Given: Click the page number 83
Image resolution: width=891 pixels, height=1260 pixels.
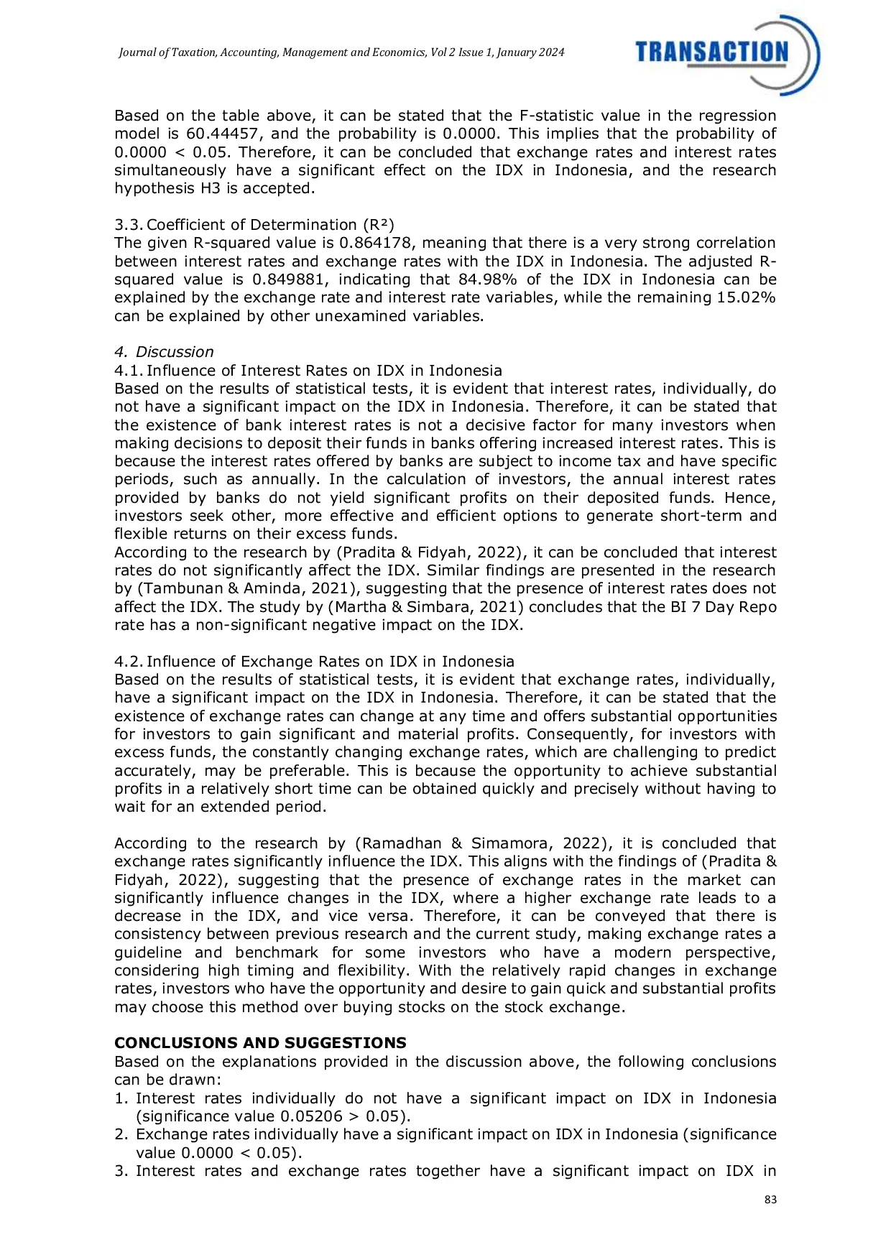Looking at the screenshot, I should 770,1200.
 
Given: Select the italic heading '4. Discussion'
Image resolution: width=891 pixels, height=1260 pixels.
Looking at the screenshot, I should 164,352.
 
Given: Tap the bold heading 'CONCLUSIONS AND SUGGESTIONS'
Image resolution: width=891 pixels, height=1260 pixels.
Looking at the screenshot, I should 260,1042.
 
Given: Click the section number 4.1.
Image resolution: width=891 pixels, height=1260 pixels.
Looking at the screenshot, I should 129,371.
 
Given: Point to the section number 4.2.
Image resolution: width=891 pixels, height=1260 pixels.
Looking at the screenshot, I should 129,662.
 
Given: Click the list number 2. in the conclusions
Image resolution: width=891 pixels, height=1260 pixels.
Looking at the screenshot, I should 121,1134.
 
